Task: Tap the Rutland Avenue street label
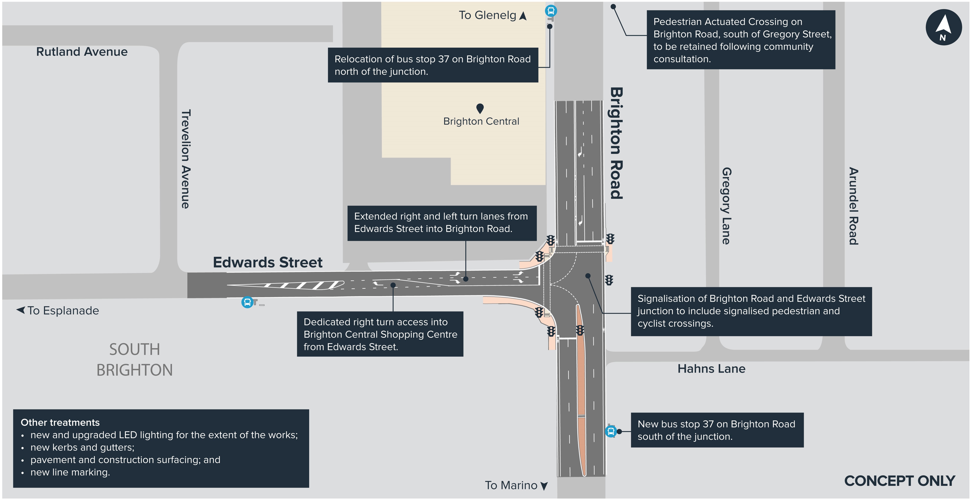tap(82, 52)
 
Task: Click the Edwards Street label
tap(268, 262)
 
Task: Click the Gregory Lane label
tap(726, 206)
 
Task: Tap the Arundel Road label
tap(853, 206)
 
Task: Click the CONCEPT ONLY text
tap(899, 481)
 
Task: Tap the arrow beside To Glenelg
tap(523, 16)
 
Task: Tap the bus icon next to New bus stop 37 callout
tap(611, 431)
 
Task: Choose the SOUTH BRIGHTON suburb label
tap(134, 360)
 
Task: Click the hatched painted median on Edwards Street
tap(286, 285)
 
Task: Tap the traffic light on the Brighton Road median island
tap(580, 331)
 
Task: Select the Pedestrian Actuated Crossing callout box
tap(741, 40)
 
